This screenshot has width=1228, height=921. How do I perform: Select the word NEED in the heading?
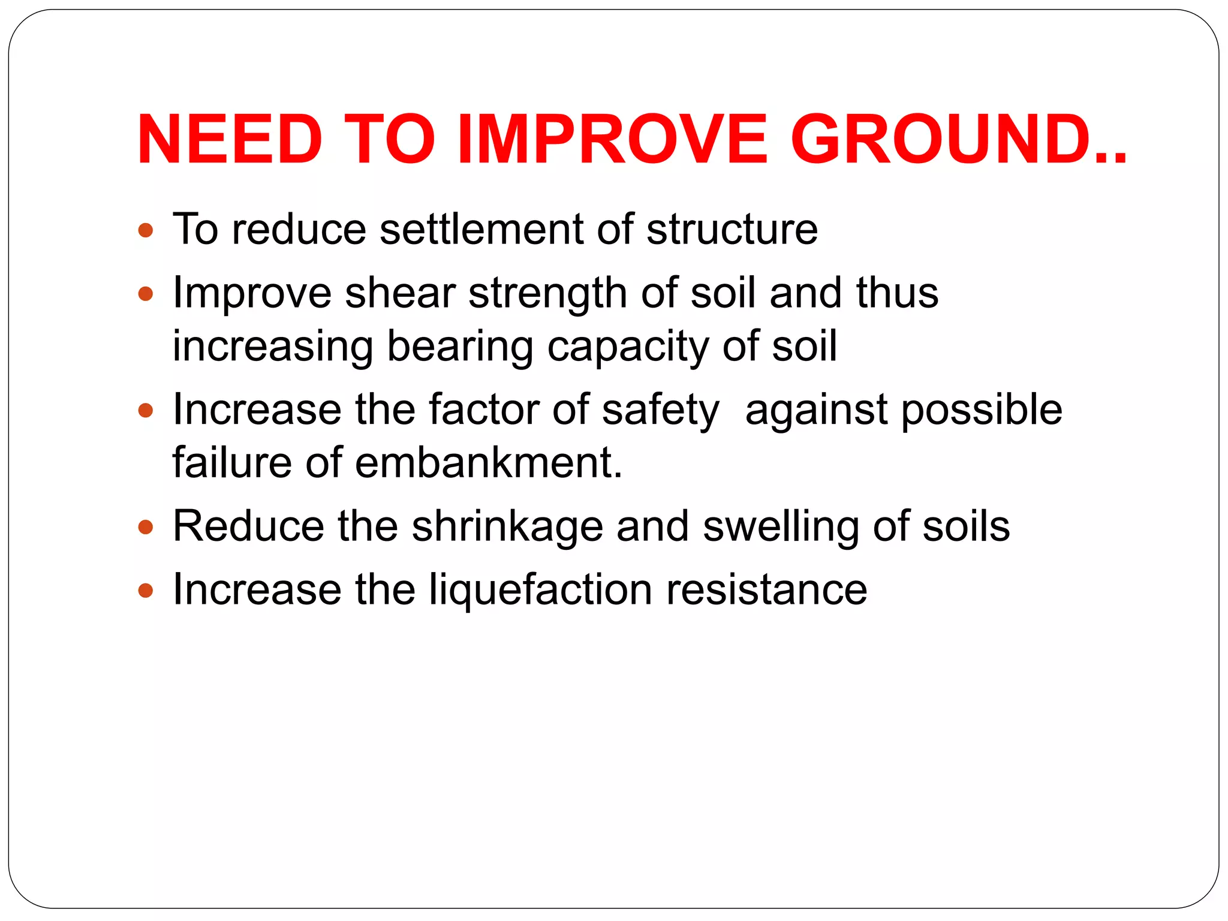click(x=230, y=140)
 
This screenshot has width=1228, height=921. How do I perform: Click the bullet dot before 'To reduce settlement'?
click(x=146, y=230)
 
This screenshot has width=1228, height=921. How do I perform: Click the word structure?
click(x=732, y=230)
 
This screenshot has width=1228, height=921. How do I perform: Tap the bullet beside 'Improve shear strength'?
click(x=146, y=294)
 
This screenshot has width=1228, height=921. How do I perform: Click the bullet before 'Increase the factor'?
click(x=146, y=411)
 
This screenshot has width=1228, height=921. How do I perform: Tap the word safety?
click(x=660, y=411)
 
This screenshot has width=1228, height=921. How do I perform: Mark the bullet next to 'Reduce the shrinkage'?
click(x=146, y=528)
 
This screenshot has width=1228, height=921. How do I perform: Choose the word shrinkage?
click(x=507, y=528)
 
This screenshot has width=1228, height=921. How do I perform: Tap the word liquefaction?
click(x=540, y=591)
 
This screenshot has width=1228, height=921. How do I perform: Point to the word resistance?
click(x=767, y=590)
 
